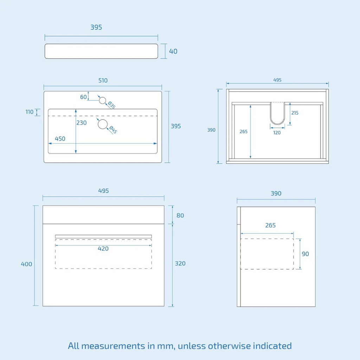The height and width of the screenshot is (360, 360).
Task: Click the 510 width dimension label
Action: coord(103,81)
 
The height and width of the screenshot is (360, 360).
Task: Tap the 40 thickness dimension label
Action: coord(173,51)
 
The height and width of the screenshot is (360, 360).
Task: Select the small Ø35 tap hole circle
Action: coord(102,101)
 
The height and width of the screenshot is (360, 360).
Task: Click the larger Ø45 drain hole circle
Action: coord(103,124)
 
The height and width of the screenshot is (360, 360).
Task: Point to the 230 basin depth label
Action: coord(82,123)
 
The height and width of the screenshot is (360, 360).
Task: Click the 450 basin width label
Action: coord(60,139)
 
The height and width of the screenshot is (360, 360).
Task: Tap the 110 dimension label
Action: coord(30,112)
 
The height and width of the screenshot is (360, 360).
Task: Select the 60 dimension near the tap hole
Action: coord(83,97)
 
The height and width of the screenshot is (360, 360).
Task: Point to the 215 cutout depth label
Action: coord(295,113)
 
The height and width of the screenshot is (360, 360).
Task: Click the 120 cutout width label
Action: coord(277,133)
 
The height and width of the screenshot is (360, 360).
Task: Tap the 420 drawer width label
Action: coord(103,249)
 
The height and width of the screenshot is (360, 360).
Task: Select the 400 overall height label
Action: coord(26,264)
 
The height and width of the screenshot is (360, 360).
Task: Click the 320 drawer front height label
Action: coord(180,264)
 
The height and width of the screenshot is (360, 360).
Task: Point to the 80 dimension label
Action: coord(180,216)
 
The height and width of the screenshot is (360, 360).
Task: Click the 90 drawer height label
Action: coord(306,254)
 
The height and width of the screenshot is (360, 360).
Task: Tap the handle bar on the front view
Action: coord(103,237)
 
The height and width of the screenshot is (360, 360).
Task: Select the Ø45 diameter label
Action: coord(113,130)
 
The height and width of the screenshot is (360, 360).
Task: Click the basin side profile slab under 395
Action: coord(101,51)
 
